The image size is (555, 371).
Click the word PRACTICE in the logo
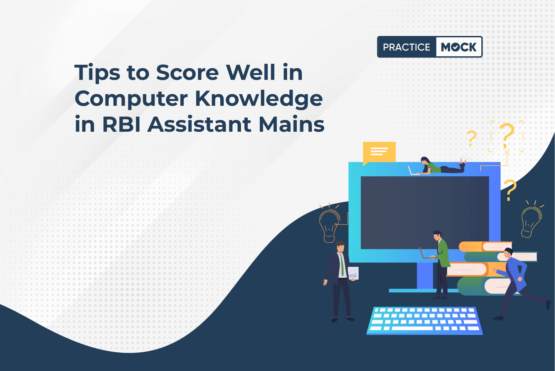(406, 47)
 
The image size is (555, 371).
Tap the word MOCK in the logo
(459, 47)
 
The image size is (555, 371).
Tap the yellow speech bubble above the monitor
(379, 152)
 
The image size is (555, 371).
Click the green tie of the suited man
(342, 265)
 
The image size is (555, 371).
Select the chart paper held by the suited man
(353, 273)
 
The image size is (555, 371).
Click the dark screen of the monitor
(425, 213)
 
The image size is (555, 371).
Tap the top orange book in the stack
(484, 247)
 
